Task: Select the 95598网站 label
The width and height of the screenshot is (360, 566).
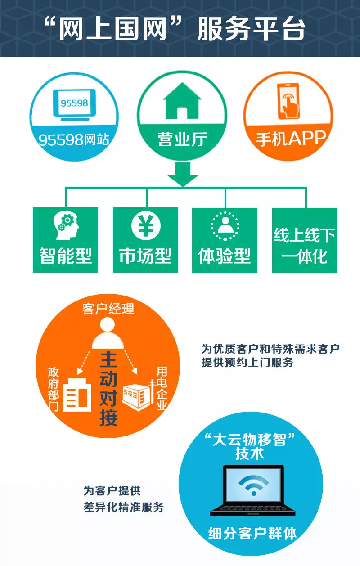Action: (74, 139)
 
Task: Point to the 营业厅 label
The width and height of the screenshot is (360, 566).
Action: (182, 139)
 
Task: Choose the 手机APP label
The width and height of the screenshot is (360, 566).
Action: (290, 138)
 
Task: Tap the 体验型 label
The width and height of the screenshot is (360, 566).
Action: (225, 256)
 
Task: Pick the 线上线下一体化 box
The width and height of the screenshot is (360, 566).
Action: (305, 240)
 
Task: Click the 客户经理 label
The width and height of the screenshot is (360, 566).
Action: (108, 309)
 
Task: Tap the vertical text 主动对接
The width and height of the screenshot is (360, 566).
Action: (108, 388)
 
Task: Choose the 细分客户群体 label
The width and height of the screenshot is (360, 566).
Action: (252, 533)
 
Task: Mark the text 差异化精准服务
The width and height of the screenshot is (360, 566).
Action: (123, 507)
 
